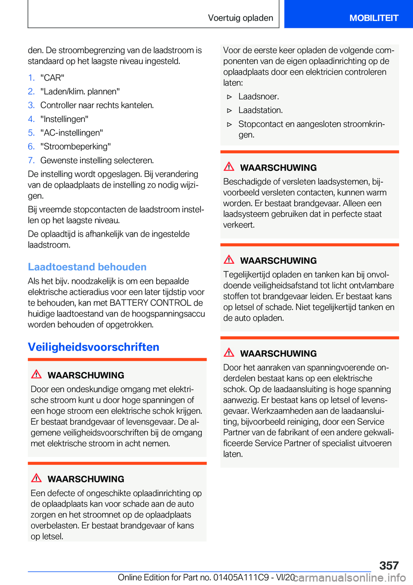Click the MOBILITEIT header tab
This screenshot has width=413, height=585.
(x=373, y=18)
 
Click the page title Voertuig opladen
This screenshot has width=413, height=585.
(x=240, y=18)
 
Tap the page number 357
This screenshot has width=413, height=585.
(x=389, y=565)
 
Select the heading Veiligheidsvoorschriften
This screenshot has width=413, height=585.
(x=93, y=347)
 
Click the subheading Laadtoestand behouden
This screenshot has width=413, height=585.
(x=87, y=267)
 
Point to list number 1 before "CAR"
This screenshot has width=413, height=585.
(x=31, y=78)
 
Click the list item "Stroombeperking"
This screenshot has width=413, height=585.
(x=75, y=146)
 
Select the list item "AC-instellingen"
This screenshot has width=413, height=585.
(x=71, y=133)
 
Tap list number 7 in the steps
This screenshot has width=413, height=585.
(x=31, y=160)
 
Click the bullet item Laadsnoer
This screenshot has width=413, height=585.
(x=259, y=97)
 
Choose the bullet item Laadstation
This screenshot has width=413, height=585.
(x=260, y=110)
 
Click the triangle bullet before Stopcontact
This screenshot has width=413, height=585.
(x=230, y=125)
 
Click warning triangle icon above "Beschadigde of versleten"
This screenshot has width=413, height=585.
(x=229, y=167)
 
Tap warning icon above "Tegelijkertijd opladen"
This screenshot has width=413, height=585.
(x=229, y=259)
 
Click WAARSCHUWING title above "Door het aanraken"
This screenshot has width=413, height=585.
(x=278, y=353)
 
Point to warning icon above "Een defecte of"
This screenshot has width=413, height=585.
(x=37, y=478)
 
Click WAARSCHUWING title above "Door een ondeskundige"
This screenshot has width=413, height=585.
(x=86, y=375)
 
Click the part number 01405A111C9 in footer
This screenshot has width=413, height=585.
(x=241, y=577)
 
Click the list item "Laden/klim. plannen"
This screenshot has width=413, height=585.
(x=80, y=91)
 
